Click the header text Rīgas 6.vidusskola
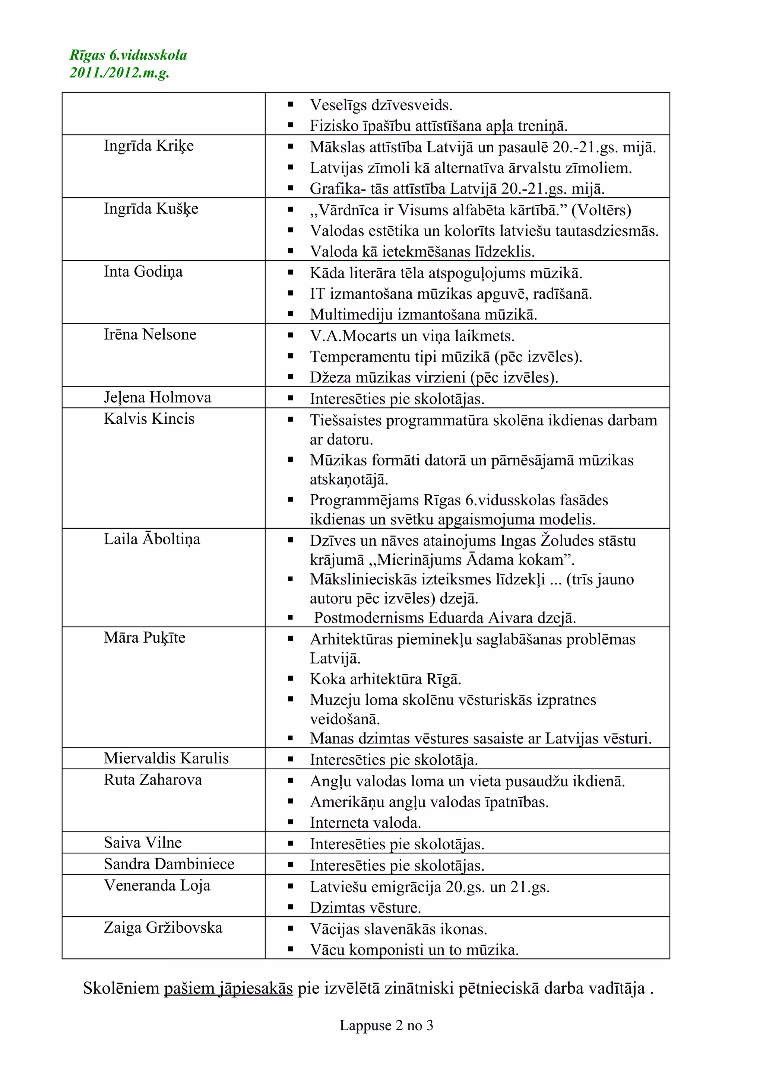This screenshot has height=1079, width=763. [128, 55]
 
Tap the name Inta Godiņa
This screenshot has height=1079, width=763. [143, 272]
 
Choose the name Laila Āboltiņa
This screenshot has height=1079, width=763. [152, 539]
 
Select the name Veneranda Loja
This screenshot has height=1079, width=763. [157, 885]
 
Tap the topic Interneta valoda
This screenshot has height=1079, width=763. [365, 822]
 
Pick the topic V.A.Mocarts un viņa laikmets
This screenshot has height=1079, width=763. [412, 336]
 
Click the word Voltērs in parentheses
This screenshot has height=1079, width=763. [601, 210]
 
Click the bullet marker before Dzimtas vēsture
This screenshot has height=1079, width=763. [291, 907]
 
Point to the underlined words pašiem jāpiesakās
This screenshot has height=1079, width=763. [228, 988]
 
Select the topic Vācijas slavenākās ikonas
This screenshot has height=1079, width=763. [398, 929]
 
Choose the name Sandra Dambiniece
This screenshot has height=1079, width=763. [169, 864]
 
